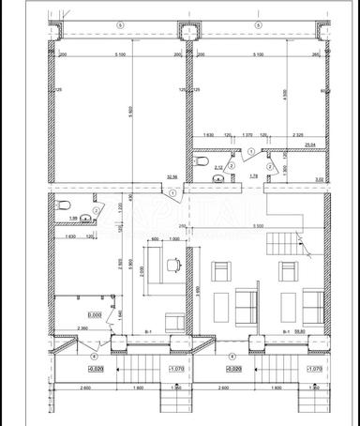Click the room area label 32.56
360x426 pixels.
coord(172,176)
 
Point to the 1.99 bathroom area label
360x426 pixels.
coord(71,218)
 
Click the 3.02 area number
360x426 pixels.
coord(318,178)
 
